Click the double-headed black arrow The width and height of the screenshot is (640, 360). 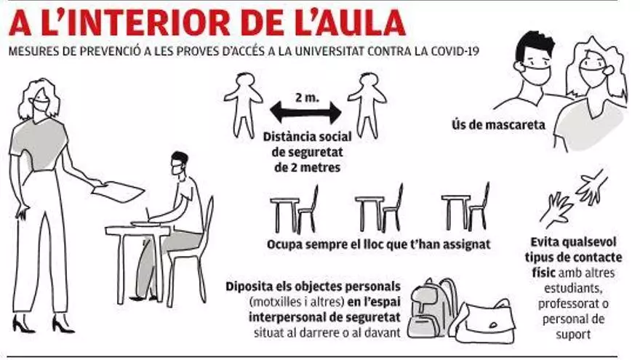pos(305,113)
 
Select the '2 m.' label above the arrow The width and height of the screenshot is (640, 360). pos(307,97)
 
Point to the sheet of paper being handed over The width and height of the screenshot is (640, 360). pos(118,191)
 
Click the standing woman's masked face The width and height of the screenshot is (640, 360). pos(41,102)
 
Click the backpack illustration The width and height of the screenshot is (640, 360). pos(433,308)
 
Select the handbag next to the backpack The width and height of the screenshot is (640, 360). pos(486,321)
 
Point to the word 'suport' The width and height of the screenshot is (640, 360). pos(573,335)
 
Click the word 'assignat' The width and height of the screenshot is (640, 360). pos(466,244)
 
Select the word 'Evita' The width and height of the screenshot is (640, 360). pos(545,242)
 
